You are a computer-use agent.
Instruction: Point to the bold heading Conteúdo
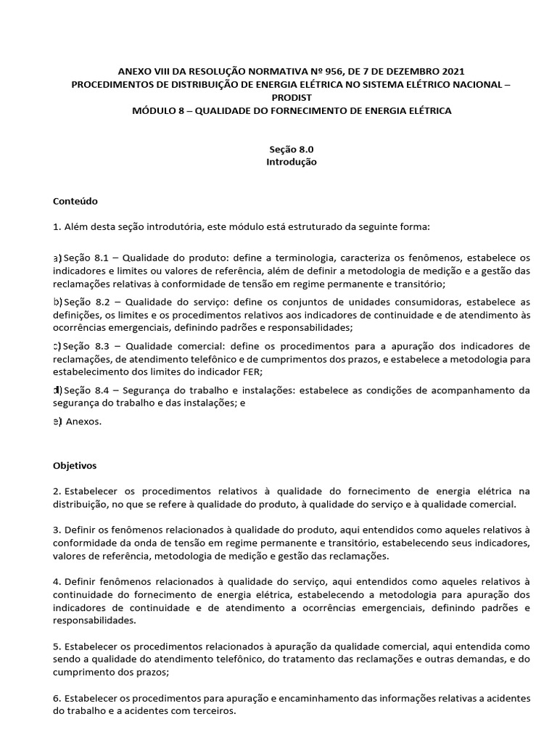[75, 200]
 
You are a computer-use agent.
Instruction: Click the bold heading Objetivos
[75, 464]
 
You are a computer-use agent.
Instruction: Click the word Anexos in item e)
[83, 420]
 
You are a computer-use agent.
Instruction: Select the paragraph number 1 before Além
[56, 226]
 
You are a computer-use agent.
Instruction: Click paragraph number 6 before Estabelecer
[56, 698]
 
